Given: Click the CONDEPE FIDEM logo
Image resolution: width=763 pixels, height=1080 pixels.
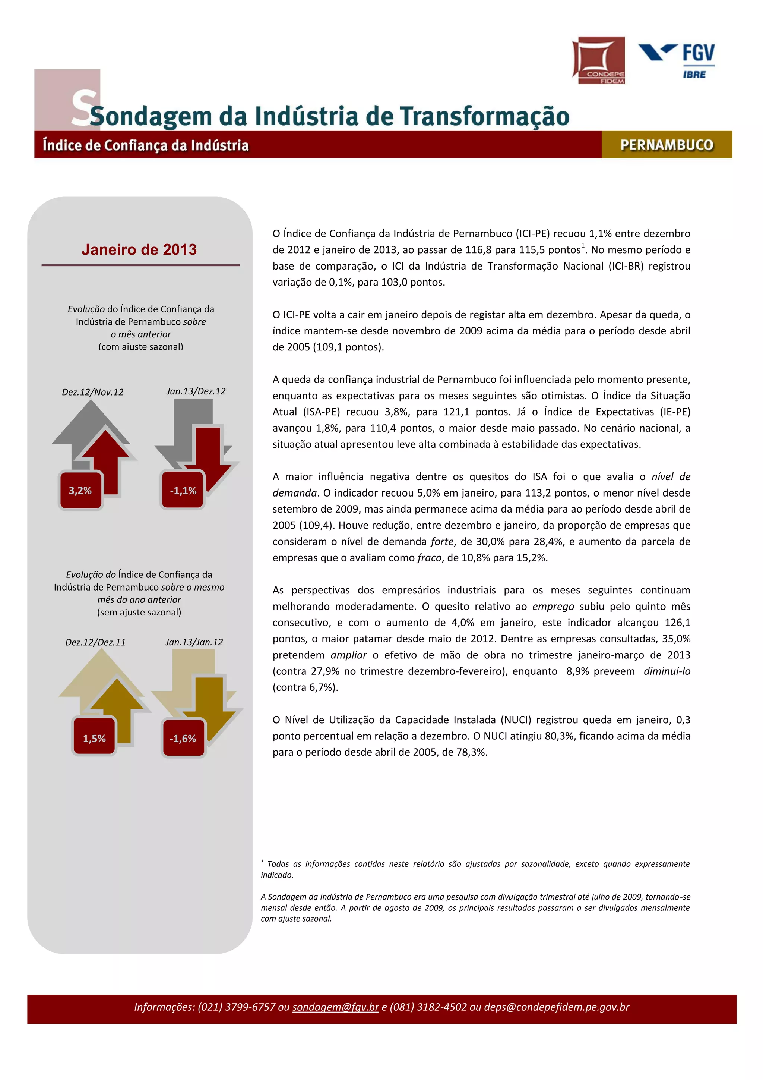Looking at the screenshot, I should click(x=598, y=60).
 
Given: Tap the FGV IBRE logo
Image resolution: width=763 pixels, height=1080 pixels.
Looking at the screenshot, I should click(x=677, y=60).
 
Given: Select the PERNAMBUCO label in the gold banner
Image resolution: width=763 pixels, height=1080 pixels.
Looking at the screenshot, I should click(x=666, y=145).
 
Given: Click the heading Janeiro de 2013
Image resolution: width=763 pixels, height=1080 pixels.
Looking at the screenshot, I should click(x=139, y=249).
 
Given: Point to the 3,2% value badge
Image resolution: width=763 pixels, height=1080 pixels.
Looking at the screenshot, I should click(x=80, y=491).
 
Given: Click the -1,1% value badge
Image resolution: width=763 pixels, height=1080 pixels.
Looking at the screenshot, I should click(x=183, y=491).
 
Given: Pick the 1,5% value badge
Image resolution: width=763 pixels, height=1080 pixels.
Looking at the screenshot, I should click(x=94, y=738).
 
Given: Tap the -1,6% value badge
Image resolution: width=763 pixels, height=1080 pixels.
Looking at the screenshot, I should click(x=183, y=738).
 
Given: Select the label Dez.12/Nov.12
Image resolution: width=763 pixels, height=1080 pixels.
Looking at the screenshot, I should click(x=93, y=392).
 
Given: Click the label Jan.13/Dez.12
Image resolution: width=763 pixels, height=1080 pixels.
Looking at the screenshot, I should click(x=196, y=391).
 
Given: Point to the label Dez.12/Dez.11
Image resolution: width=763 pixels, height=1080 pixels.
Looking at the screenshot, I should click(x=95, y=642).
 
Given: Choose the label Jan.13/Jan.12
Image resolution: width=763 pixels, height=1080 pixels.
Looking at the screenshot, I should click(x=194, y=642).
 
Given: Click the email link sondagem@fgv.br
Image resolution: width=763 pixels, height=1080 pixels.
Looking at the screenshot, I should click(x=335, y=1007).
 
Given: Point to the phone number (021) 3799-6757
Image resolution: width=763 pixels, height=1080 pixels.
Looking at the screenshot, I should click(x=237, y=1007).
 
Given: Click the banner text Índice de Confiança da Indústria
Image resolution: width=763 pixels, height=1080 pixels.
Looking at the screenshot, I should click(x=146, y=145).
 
